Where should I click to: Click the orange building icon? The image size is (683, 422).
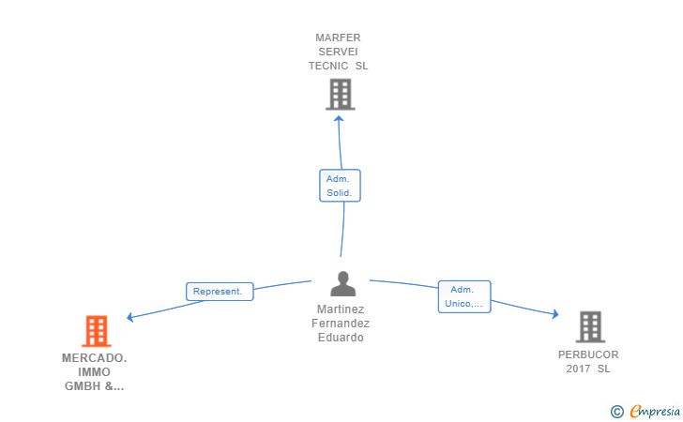(x=97, y=331)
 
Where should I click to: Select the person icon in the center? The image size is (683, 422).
(x=342, y=283)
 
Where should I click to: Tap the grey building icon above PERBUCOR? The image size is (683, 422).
(x=590, y=326)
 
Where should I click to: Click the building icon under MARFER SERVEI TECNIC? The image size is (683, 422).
(x=341, y=94)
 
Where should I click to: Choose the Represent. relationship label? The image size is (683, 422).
(x=220, y=292)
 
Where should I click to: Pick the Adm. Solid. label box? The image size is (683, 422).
(x=340, y=186)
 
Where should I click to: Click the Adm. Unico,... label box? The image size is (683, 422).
(x=464, y=296)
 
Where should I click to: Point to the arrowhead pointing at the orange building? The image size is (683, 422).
(x=129, y=317)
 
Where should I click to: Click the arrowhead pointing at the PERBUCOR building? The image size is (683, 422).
(x=555, y=314)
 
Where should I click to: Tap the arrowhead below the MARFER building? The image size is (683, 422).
(x=339, y=118)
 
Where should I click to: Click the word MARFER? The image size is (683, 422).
(x=338, y=38)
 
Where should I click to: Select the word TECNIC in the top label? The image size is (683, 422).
(x=328, y=66)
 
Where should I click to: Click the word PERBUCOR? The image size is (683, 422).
(x=588, y=354)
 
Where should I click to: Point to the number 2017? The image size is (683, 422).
(x=578, y=369)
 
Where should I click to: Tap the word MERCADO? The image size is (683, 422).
(x=94, y=358)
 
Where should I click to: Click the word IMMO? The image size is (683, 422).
(x=94, y=372)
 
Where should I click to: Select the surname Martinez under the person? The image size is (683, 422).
(x=341, y=309)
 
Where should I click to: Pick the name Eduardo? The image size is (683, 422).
(x=341, y=338)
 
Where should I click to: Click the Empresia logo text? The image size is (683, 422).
(x=655, y=411)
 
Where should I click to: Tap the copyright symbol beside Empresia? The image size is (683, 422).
(x=617, y=412)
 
